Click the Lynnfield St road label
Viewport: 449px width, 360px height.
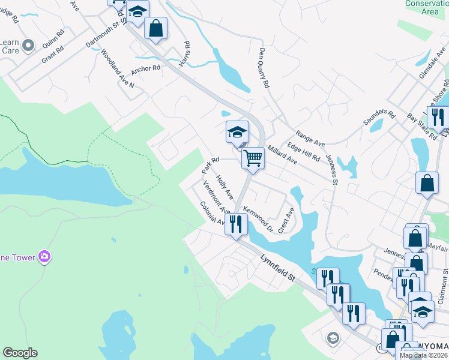pyautogui.click(x=280, y=269)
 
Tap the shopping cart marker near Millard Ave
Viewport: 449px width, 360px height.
pyautogui.click(x=253, y=159)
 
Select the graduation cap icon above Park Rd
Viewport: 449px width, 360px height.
pyautogui.click(x=237, y=132)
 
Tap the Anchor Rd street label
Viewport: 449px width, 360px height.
pyautogui.click(x=146, y=68)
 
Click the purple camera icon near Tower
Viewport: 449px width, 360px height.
pyautogui.click(x=44, y=257)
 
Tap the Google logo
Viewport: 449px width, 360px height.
pyautogui.click(x=20, y=353)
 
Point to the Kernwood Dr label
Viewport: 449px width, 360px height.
pyautogui.click(x=258, y=219)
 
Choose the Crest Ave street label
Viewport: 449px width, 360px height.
pyautogui.click(x=286, y=220)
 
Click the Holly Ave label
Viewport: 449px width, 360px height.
pyautogui.click(x=224, y=187)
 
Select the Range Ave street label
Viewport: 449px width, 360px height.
pyautogui.click(x=310, y=140)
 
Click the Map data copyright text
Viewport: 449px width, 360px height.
pyautogui.click(x=423, y=355)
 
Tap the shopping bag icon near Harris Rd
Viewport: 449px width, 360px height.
pyautogui.click(x=155, y=28)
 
